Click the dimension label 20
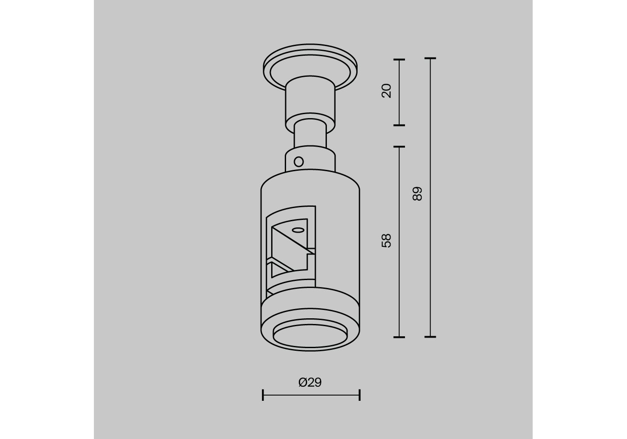[x=386, y=91]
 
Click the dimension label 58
[x=386, y=241]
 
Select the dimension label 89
[x=417, y=194]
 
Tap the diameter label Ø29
[x=310, y=382]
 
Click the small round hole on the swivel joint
[x=299, y=162]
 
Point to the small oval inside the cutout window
[x=298, y=230]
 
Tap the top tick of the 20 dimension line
[x=399, y=60]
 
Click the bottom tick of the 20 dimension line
[x=399, y=125]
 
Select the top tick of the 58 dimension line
[x=399, y=147]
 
